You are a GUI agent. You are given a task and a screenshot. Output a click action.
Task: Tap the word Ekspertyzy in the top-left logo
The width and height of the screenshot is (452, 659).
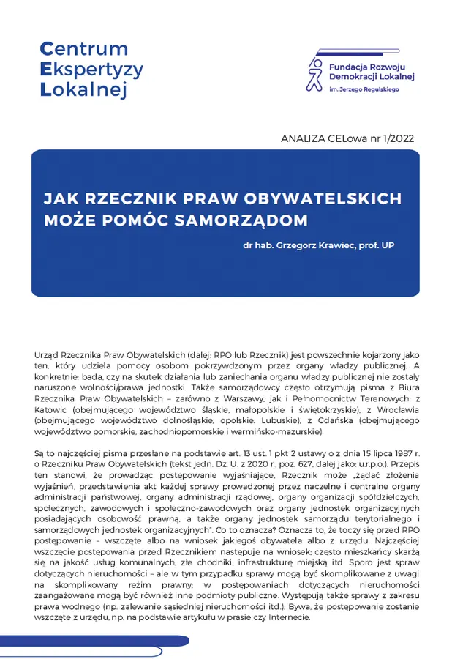[91, 70]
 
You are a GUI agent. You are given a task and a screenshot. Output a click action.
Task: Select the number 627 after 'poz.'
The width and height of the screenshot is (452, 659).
[282, 463]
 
